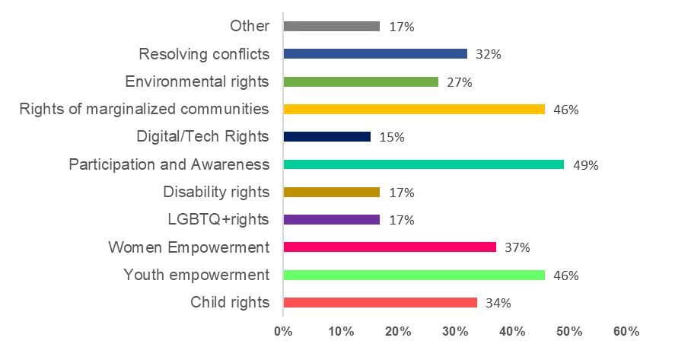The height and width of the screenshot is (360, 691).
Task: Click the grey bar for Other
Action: coord(331,26)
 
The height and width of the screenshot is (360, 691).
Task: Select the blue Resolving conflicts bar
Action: coord(374,54)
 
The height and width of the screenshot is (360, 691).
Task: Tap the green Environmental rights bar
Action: coord(360,81)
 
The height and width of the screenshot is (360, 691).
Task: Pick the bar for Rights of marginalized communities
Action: coord(414,109)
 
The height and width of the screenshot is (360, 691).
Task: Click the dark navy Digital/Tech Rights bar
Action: coord(326,137)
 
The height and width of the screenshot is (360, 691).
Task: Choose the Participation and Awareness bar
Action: coord(423,164)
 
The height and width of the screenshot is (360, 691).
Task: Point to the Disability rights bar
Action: coord(331,192)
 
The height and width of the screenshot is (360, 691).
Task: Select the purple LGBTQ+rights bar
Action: coord(331,220)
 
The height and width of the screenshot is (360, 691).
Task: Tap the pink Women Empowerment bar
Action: coord(389,247)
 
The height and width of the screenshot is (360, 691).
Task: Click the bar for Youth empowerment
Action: coord(414,275)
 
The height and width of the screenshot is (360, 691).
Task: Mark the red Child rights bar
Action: coord(380,302)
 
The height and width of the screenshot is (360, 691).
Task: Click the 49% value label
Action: coord(586,165)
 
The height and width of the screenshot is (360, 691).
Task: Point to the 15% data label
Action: coord(392,138)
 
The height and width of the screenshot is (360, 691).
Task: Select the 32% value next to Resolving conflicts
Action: coord(489,55)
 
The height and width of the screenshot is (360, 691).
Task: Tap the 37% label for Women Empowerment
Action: coord(517,248)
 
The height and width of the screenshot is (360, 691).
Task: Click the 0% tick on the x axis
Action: coord(283,332)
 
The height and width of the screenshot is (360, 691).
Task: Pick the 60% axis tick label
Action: coord(626,332)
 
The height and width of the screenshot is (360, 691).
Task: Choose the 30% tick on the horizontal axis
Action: coord(455,332)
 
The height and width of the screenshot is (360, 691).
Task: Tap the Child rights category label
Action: coord(230,302)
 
